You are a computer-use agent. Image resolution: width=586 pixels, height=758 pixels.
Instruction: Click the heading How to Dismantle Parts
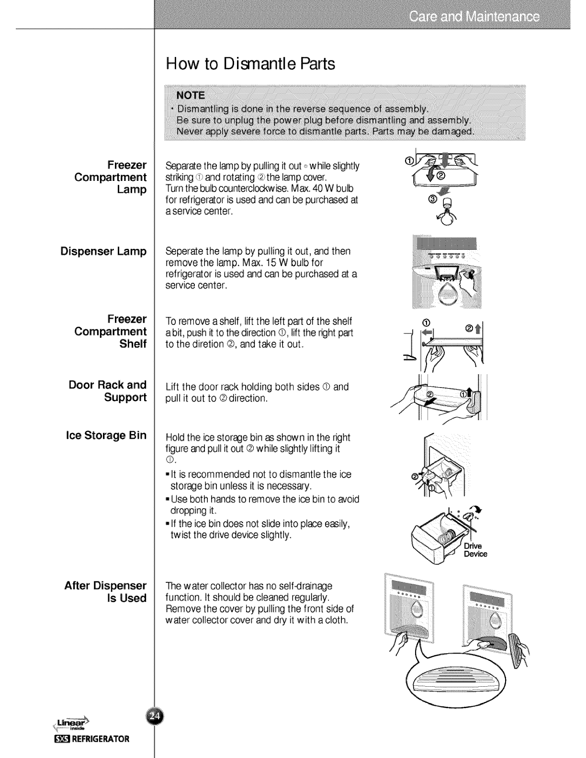[250, 64]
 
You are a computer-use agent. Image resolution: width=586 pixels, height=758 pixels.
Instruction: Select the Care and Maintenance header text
[474, 18]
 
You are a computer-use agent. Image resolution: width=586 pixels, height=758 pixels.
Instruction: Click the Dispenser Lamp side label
[103, 251]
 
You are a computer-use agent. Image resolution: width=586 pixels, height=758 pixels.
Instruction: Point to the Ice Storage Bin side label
[106, 435]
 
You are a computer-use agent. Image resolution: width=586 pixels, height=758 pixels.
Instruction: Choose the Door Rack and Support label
[108, 391]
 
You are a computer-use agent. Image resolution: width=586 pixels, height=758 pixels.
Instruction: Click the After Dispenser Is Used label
[105, 591]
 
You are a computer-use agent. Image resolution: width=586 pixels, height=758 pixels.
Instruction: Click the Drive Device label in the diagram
[475, 550]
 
